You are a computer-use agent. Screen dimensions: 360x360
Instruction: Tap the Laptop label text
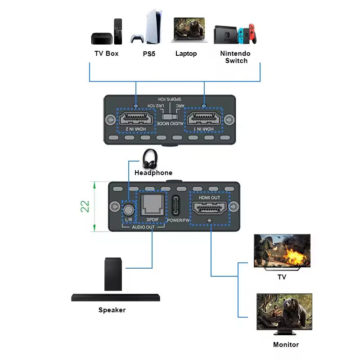[x=186, y=54]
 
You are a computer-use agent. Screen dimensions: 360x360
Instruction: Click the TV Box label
[x=106, y=54]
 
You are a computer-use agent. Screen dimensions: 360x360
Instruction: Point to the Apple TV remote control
[x=118, y=31]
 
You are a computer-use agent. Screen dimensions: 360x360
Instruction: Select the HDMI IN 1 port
[x=205, y=119]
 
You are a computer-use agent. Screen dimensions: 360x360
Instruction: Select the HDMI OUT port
[x=210, y=207]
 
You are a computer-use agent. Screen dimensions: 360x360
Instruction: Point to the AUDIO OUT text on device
[x=143, y=228]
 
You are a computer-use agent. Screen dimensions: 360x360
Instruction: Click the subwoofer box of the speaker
[x=113, y=274]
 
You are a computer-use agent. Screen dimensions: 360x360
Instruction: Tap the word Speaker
[x=112, y=310]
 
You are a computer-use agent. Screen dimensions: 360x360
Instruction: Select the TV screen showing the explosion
[x=282, y=251]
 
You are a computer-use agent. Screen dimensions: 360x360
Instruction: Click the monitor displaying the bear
[x=284, y=312]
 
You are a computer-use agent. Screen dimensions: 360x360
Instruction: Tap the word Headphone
[x=153, y=173]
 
